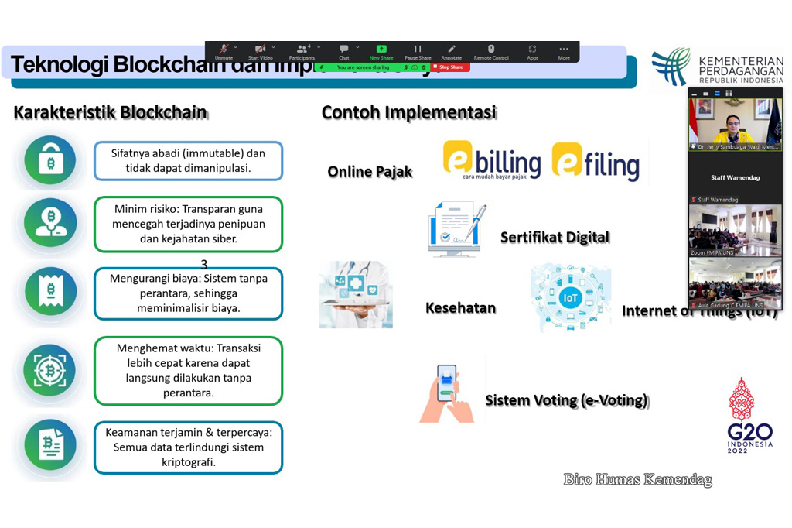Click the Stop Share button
point(450,67)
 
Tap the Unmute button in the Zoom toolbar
point(224,51)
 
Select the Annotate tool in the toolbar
point(451,51)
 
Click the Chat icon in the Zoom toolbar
point(343,51)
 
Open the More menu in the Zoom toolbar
point(564,51)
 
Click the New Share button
point(381,51)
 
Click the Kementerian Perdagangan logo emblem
point(670,67)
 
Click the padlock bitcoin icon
point(50,160)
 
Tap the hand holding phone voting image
point(448,393)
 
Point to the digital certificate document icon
point(456,229)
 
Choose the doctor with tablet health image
point(356,294)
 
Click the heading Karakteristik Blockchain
point(110,112)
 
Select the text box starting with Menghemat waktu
point(188,371)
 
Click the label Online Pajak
point(370,172)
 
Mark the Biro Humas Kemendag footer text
point(637,480)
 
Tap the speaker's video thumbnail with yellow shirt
point(734,123)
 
